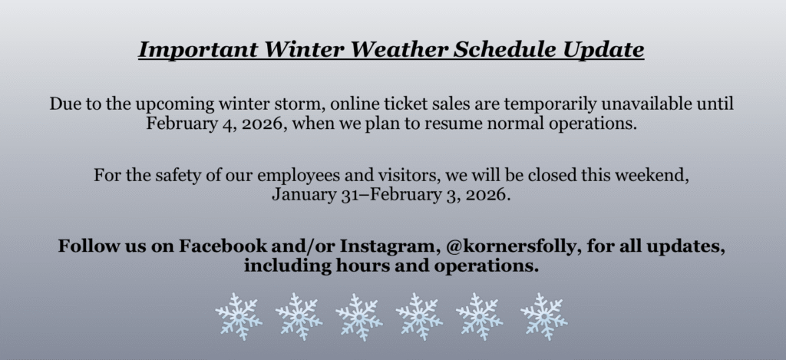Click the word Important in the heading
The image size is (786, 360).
click(198, 50)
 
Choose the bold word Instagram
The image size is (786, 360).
click(387, 246)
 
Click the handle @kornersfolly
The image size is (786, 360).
click(511, 246)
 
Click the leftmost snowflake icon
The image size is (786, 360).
click(239, 317)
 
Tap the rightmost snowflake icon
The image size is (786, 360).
click(544, 317)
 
